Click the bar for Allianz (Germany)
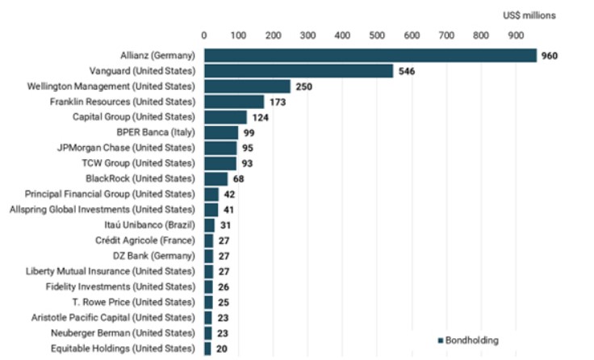click(370, 56)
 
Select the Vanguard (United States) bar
click(299, 71)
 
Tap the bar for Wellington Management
click(247, 86)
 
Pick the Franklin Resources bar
click(234, 102)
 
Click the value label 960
click(550, 56)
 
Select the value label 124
click(260, 117)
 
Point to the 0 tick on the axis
click(204, 36)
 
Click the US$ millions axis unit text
click(529, 15)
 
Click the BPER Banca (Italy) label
click(157, 132)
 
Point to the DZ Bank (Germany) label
click(156, 255)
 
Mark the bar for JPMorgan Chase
click(220, 148)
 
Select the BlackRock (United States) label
click(140, 178)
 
